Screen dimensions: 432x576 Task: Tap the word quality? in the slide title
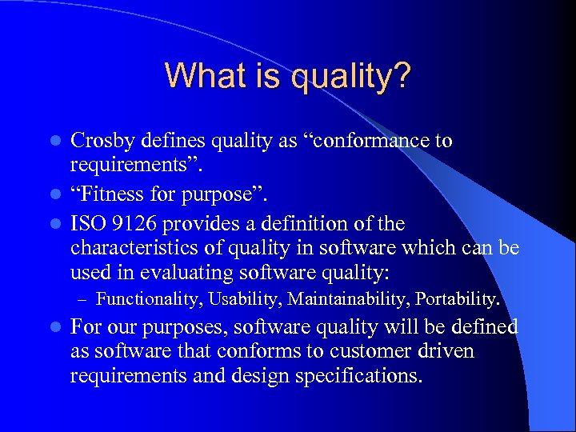pos(351,78)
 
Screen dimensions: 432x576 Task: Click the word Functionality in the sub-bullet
pos(146,300)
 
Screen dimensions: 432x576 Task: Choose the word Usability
pos(243,300)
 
